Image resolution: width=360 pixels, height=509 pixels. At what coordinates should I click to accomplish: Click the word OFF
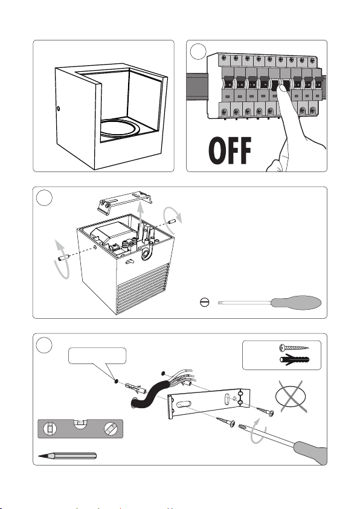point(230,150)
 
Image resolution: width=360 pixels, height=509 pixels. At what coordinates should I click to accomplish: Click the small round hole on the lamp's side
point(59,109)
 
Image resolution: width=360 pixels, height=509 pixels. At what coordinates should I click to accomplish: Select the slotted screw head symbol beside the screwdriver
point(205,303)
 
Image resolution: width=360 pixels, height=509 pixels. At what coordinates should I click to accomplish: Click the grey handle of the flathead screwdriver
point(296,303)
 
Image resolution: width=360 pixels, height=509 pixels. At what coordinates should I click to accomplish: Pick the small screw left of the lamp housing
point(63,257)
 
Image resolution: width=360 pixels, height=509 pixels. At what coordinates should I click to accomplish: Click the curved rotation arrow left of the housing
point(62,260)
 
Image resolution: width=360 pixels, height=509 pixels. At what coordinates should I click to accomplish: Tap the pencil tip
point(40,456)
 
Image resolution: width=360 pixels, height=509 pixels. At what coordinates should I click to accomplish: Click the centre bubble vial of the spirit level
point(80,423)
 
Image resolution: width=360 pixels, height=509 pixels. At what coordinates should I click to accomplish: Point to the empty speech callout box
point(97,356)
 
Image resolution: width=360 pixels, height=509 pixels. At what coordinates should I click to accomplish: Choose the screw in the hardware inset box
point(294,348)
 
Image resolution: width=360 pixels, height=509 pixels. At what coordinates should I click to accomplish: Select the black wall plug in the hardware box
point(294,360)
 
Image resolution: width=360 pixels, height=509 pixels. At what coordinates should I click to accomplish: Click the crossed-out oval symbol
point(291,397)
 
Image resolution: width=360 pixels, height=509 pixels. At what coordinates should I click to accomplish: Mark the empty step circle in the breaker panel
point(198,51)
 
